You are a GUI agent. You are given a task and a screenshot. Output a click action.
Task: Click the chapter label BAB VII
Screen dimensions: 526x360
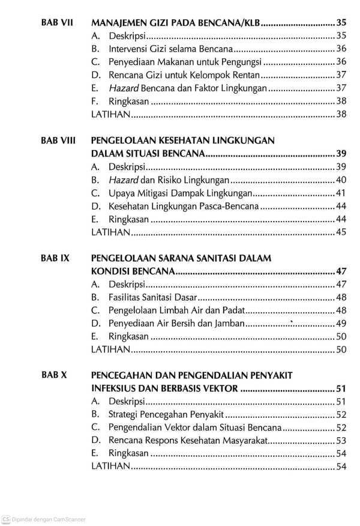57,22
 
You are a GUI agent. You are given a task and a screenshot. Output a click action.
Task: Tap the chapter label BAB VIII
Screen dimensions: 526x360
58,141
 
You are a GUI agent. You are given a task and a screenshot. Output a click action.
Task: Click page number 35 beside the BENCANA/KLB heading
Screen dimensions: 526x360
341,22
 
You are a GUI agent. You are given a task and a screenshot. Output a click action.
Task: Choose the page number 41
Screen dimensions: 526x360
341,193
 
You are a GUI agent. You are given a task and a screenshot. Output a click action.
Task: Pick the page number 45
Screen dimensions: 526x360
341,232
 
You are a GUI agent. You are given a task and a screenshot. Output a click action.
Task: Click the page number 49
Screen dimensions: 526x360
341,324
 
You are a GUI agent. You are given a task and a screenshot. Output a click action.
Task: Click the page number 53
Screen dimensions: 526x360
341,441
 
